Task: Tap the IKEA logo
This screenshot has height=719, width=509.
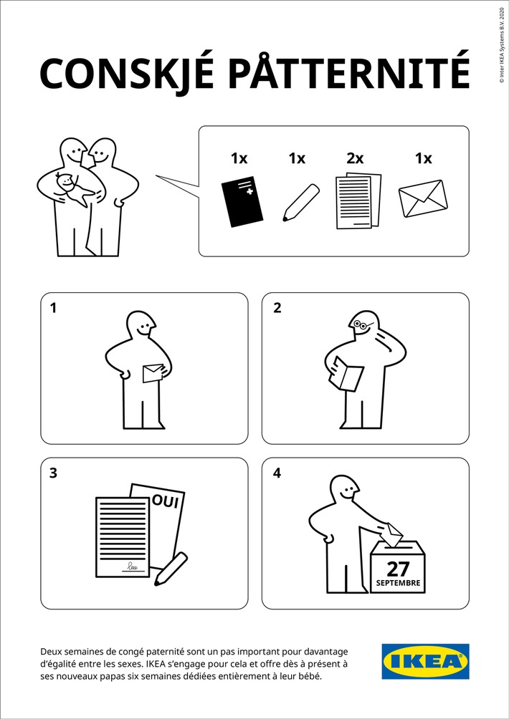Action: tap(425, 661)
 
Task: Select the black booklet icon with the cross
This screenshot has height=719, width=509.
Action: tap(242, 202)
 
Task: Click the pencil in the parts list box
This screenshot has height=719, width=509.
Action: tap(300, 201)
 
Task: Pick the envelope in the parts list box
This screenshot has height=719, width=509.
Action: tap(422, 198)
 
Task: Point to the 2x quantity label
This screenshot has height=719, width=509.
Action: tap(355, 158)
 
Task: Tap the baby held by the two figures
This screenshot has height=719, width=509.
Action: tap(72, 188)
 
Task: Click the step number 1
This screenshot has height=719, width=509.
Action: tap(53, 309)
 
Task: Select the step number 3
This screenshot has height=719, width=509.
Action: tap(53, 473)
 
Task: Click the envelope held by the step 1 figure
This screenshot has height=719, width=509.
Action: tap(153, 373)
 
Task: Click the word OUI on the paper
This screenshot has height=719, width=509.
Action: tap(165, 502)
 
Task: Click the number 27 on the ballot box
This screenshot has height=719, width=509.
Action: tap(397, 569)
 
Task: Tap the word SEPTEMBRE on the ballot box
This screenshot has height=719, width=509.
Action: tap(398, 584)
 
